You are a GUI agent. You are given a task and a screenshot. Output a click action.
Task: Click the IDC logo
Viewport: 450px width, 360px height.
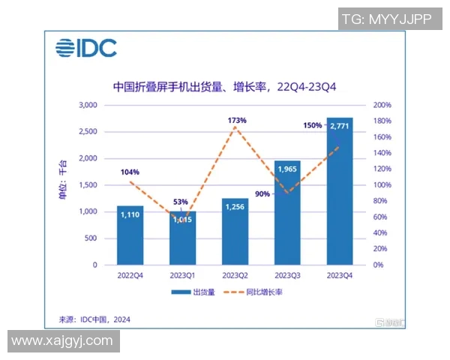(85, 49)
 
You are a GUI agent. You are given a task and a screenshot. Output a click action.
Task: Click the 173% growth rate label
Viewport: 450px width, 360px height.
(236, 119)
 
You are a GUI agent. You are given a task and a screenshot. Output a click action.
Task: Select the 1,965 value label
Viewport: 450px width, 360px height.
(287, 170)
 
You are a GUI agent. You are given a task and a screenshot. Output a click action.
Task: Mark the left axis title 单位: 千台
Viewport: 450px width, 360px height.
(63, 184)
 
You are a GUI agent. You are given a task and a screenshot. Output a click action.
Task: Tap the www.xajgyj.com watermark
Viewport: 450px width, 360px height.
(62, 341)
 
